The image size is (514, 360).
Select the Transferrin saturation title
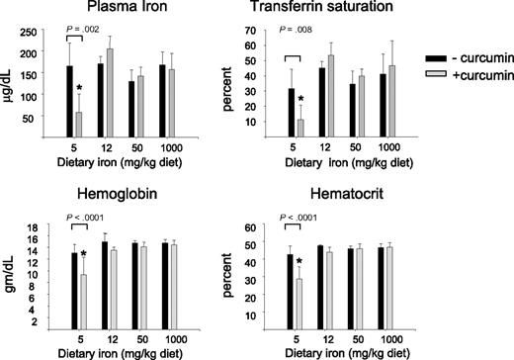point(335,11)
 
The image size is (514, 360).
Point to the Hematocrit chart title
point(335,198)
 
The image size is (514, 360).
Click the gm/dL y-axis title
point(10,278)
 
